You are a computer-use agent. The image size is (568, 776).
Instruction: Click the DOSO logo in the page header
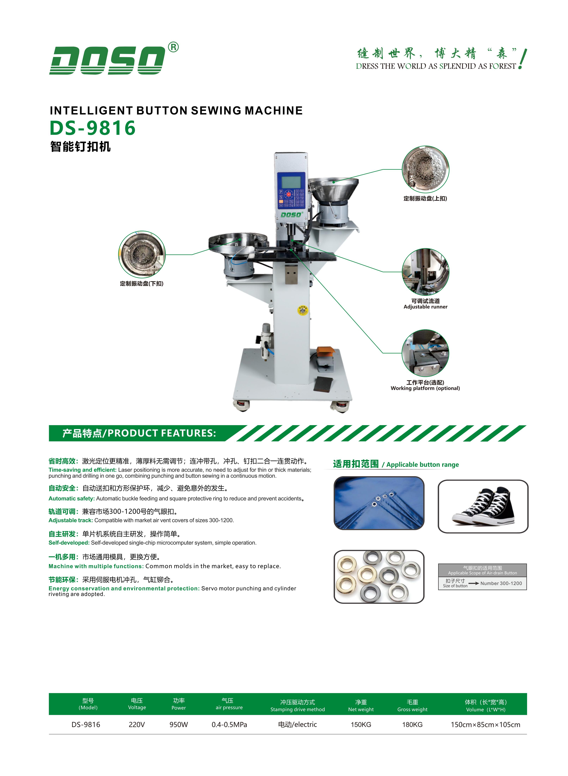(107, 60)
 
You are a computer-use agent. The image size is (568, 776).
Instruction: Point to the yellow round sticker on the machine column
(303, 310)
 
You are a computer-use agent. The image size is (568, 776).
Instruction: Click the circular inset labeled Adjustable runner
(425, 272)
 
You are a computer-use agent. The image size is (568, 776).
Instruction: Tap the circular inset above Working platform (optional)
(425, 353)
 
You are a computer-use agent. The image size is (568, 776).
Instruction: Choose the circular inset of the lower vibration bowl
(142, 254)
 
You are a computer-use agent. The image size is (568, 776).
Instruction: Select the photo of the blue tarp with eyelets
(379, 503)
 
